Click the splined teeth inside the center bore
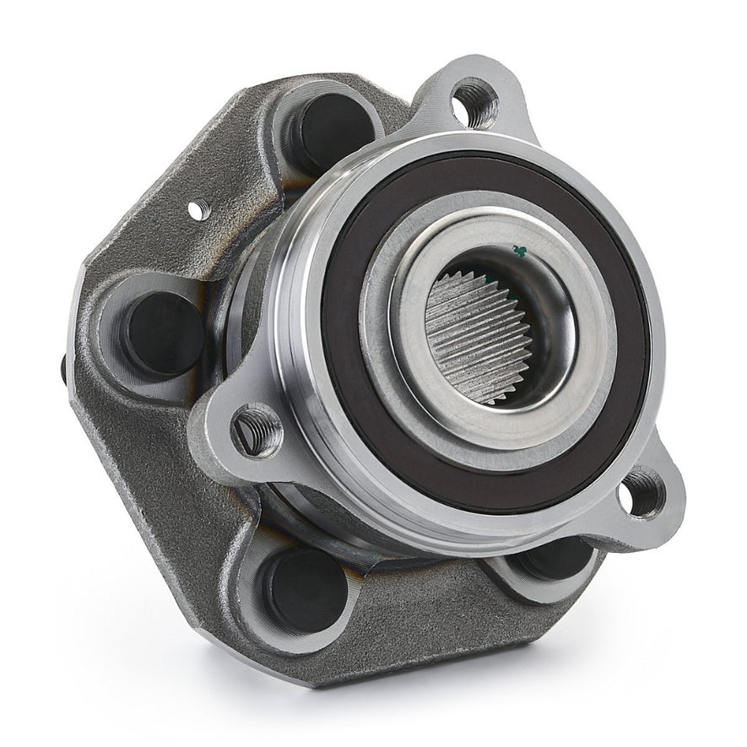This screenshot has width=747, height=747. tap(473, 338)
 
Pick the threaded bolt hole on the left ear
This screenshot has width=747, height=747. tap(257, 430)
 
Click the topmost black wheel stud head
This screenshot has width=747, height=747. tap(333, 131)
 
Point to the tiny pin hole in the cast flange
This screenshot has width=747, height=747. tap(198, 210)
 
